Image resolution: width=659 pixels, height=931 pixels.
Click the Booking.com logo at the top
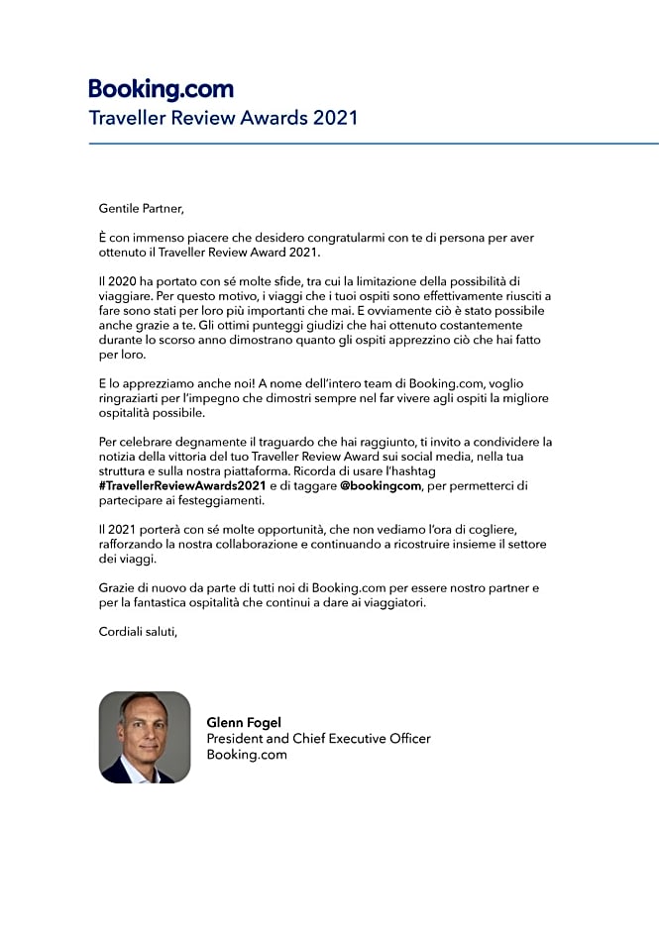[161, 89]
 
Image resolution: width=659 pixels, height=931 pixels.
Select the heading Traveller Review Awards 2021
[223, 118]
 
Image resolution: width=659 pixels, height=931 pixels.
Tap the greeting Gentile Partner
[142, 209]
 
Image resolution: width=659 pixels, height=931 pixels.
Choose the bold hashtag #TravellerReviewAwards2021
[182, 485]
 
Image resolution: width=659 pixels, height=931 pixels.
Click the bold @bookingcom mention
[382, 485]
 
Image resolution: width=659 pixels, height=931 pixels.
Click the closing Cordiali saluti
[138, 631]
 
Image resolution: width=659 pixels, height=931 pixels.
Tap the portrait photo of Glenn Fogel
[145, 738]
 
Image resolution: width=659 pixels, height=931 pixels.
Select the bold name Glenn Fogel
[244, 723]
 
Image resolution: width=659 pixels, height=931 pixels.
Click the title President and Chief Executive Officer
[318, 739]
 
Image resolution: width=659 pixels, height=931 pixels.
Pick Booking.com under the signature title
[247, 755]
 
